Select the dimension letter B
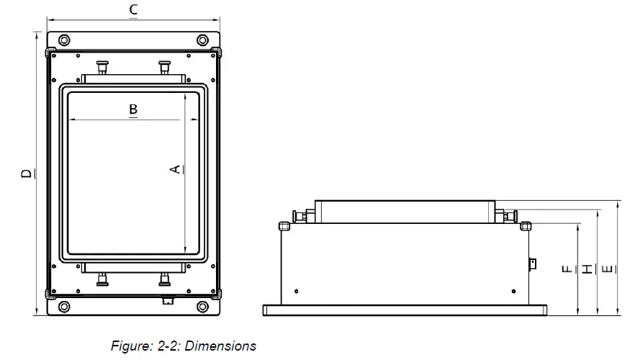[133, 109]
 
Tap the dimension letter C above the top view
[133, 10]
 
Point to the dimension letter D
[26, 174]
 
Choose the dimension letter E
[608, 269]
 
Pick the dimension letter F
[567, 269]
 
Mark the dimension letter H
[587, 269]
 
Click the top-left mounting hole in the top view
[65, 39]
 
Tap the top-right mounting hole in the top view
[202, 39]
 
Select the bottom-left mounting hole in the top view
[65, 307]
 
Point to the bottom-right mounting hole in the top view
[202, 307]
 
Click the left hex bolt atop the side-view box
[284, 225]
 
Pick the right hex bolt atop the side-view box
[526, 225]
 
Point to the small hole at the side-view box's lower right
[512, 290]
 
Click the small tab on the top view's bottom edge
[168, 300]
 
